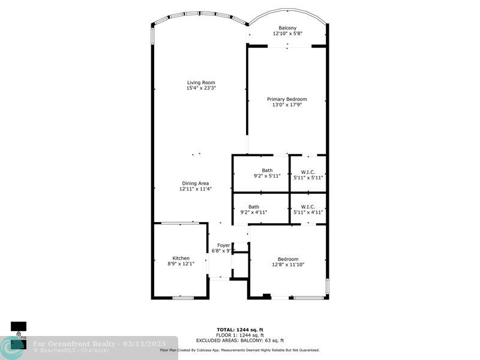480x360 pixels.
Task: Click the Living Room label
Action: point(201,82)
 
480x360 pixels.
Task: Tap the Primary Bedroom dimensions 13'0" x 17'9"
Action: point(287,104)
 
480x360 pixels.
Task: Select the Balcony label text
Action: point(287,28)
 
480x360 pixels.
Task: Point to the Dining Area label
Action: point(196,184)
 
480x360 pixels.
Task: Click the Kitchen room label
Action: point(181,258)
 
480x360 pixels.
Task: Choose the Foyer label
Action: point(223,245)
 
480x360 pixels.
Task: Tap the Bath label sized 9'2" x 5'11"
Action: point(267,170)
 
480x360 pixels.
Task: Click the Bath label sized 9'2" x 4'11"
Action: point(254,206)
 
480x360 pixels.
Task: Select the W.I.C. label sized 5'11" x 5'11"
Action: point(308,172)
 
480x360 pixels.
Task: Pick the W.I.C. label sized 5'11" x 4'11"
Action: point(308,206)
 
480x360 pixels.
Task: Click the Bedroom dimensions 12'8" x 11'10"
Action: point(288,265)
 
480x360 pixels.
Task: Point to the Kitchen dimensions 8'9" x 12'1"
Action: point(181,263)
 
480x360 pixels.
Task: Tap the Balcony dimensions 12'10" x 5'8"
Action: point(287,34)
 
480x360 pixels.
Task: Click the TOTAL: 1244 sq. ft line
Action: point(240,329)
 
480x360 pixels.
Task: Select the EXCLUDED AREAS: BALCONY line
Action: point(240,340)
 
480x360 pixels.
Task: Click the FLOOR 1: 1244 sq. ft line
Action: point(240,335)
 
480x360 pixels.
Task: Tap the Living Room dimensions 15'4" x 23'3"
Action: point(201,88)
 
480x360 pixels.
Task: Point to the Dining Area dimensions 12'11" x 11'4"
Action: point(196,189)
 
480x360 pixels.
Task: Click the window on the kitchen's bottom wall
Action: point(183,298)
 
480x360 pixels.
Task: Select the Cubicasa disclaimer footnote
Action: point(240,350)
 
